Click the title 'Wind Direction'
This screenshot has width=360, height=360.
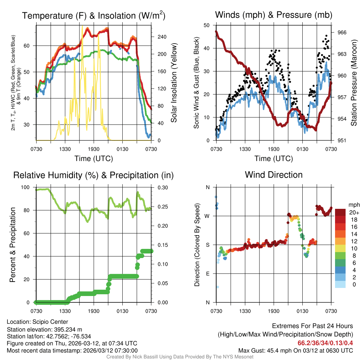point(274,175)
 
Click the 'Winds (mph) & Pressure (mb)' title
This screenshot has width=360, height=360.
point(274,15)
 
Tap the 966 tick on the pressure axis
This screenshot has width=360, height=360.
point(342,32)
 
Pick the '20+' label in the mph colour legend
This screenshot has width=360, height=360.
point(353,212)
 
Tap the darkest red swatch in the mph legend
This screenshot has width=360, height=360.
point(340,212)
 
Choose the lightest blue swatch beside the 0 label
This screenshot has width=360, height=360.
point(340,284)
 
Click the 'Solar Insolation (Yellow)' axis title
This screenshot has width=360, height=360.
point(174,81)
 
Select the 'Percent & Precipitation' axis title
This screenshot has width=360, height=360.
point(13,245)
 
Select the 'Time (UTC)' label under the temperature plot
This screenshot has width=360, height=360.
point(94,159)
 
